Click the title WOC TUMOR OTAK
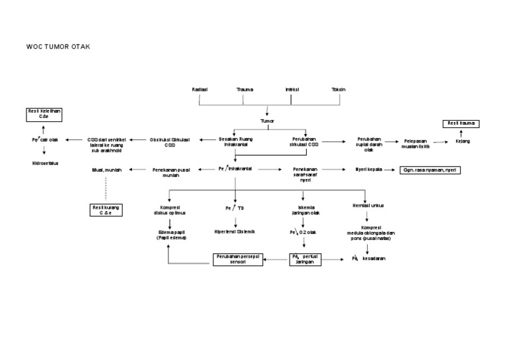pyautogui.click(x=58, y=48)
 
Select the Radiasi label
pyautogui.click(x=199, y=89)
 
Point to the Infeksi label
pyautogui.click(x=292, y=89)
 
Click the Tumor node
pyautogui.click(x=266, y=121)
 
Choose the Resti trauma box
pyautogui.click(x=461, y=124)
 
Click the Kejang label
pyautogui.click(x=462, y=141)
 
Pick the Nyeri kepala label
pyautogui.click(x=369, y=170)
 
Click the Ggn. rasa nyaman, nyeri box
pyautogui.click(x=430, y=170)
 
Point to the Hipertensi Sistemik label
pyautogui.click(x=236, y=231)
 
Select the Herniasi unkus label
pyautogui.click(x=368, y=206)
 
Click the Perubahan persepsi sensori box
pyautogui.click(x=237, y=259)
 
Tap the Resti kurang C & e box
pyautogui.click(x=105, y=210)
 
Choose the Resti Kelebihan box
pyautogui.click(x=44, y=114)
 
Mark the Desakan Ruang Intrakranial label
pyautogui.click(x=236, y=142)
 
